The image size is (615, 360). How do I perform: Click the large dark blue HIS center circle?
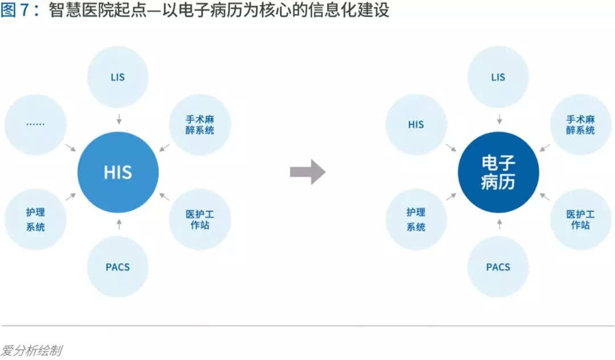click(118, 172)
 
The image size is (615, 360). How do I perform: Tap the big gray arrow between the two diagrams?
click(307, 172)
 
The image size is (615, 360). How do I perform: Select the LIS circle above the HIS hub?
click(118, 77)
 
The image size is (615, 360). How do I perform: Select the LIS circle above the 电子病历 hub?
click(498, 77)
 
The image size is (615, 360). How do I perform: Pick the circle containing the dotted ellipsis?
click(35, 124)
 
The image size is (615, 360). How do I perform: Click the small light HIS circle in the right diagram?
click(416, 124)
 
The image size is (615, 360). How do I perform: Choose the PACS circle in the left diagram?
click(118, 267)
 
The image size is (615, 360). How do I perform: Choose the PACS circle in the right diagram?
click(498, 267)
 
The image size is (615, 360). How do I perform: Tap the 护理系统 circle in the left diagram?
click(35, 219)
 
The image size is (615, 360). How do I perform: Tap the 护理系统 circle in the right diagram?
click(416, 219)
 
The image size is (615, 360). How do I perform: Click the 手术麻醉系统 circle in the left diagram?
click(200, 124)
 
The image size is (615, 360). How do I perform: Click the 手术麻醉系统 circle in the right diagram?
click(580, 124)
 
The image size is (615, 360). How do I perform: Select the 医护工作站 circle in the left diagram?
click(200, 219)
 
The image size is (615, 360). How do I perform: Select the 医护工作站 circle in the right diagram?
click(580, 219)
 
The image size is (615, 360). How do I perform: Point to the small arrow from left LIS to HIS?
click(118, 119)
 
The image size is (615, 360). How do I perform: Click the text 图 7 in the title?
click(15, 11)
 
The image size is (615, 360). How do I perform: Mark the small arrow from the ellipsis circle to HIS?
click(71, 148)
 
